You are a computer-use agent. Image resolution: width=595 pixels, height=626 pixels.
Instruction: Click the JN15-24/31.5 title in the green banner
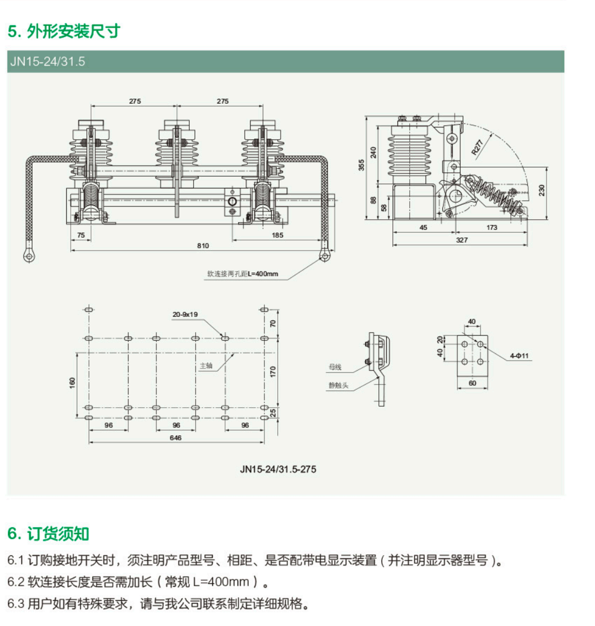(x=48, y=62)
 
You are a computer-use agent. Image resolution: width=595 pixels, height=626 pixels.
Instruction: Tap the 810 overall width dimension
(x=203, y=246)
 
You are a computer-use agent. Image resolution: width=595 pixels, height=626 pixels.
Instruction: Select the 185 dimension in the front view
(x=277, y=235)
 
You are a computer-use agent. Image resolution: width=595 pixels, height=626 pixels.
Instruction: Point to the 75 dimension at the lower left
(x=81, y=235)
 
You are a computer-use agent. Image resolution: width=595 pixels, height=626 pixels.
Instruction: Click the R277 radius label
(x=477, y=148)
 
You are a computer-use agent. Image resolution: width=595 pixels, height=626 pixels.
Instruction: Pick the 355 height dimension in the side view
(x=361, y=165)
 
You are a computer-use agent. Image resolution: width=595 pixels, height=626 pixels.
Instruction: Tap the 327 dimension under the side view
(x=462, y=240)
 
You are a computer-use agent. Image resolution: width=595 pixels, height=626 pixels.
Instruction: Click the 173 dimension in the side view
(x=492, y=228)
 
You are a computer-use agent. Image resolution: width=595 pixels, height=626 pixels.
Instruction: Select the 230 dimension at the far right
(x=542, y=190)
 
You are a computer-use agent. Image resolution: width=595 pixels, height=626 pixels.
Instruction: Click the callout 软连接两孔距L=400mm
(x=242, y=274)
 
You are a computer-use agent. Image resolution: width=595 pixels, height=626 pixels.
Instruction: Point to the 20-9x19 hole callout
(x=185, y=315)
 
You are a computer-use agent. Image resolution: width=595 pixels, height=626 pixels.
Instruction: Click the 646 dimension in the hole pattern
(x=176, y=438)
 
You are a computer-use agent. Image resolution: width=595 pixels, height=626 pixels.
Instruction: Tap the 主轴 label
(x=206, y=365)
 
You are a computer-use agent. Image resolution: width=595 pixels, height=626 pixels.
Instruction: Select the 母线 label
(x=335, y=367)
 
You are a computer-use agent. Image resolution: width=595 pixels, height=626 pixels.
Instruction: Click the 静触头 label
(x=338, y=385)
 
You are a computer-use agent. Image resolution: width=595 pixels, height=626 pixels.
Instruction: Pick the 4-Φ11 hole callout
(x=519, y=356)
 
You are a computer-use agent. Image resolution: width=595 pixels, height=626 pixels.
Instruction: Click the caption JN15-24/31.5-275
(x=278, y=469)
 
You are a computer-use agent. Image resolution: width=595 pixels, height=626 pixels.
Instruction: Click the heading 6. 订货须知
(x=48, y=534)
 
